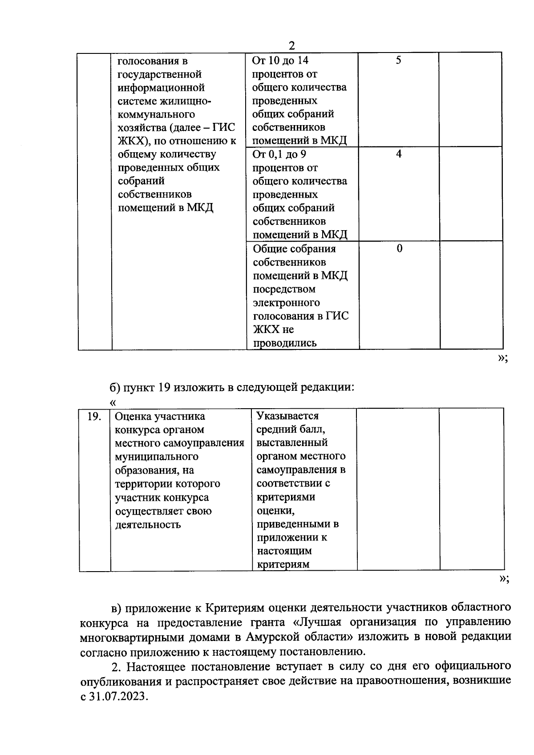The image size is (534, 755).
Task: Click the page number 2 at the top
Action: tap(291, 46)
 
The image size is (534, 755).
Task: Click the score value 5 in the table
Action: tap(398, 61)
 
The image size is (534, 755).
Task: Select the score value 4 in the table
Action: tap(399, 154)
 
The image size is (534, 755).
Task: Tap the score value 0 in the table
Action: tap(399, 248)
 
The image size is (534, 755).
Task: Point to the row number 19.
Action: tap(94, 417)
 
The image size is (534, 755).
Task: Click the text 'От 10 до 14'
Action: tap(280, 61)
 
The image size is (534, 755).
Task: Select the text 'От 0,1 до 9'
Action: tap(279, 154)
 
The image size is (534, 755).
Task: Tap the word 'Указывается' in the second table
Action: tap(288, 416)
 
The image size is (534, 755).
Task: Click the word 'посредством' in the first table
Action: tap(284, 289)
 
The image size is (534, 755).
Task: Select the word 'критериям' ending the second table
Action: tap(283, 564)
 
